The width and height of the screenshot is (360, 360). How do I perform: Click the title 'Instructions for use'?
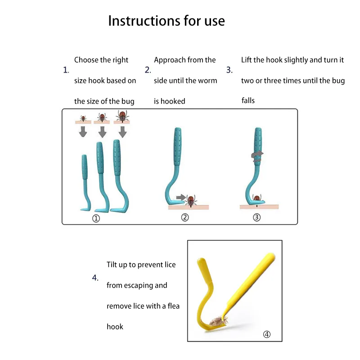(166, 21)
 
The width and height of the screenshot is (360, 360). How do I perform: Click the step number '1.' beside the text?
(66, 70)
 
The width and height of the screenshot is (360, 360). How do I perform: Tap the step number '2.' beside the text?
(148, 70)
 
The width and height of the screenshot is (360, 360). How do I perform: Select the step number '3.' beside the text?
(229, 70)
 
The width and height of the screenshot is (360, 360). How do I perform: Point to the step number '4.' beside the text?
(95, 278)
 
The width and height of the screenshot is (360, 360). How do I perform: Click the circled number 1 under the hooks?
(95, 219)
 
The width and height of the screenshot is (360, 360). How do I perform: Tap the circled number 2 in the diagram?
(184, 217)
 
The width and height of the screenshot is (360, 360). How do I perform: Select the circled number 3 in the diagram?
(256, 217)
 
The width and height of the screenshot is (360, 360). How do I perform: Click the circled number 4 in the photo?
(267, 334)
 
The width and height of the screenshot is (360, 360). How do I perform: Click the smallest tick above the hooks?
(83, 118)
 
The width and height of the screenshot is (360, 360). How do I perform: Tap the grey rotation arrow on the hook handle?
(258, 154)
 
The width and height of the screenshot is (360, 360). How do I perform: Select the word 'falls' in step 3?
(248, 100)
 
